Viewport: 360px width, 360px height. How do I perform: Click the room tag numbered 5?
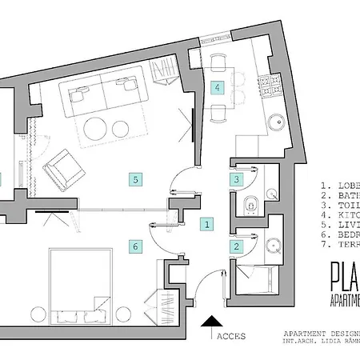pyautogui.click(x=137, y=179)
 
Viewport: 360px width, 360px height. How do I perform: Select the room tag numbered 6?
pyautogui.click(x=136, y=246)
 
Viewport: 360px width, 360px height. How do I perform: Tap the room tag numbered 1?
pyautogui.click(x=206, y=224)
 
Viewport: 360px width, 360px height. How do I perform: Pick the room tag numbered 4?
pyautogui.click(x=217, y=88)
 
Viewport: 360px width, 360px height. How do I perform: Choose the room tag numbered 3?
pyautogui.click(x=236, y=180)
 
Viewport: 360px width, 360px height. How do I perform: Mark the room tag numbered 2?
pyautogui.click(x=236, y=247)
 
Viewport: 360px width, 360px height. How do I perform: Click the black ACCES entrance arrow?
pyautogui.click(x=210, y=324)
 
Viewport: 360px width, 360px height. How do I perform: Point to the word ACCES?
pyautogui.click(x=231, y=337)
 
